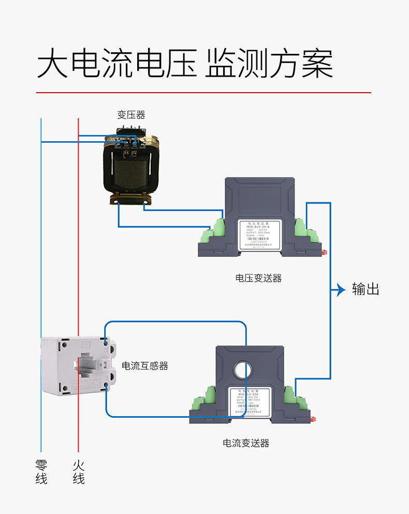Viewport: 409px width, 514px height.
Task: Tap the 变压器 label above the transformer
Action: coord(131,115)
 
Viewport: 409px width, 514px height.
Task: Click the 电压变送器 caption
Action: coord(259,278)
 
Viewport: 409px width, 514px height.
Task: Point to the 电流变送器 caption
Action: coord(246,443)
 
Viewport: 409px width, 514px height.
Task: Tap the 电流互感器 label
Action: coord(145,366)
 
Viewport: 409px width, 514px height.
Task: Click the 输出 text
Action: coord(366,289)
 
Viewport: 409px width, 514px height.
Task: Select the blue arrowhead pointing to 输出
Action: coord(341,290)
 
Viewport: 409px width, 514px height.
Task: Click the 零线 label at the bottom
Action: coord(41,472)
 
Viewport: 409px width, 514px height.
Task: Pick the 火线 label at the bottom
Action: coord(79,472)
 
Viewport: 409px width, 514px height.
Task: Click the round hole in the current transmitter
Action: coord(244,370)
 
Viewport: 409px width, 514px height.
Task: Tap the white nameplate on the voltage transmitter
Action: coord(259,236)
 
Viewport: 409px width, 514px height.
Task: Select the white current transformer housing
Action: coord(78,366)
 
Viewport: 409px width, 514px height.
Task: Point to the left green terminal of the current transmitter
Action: coord(206,399)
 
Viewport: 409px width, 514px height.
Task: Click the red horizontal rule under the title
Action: coord(203,93)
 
